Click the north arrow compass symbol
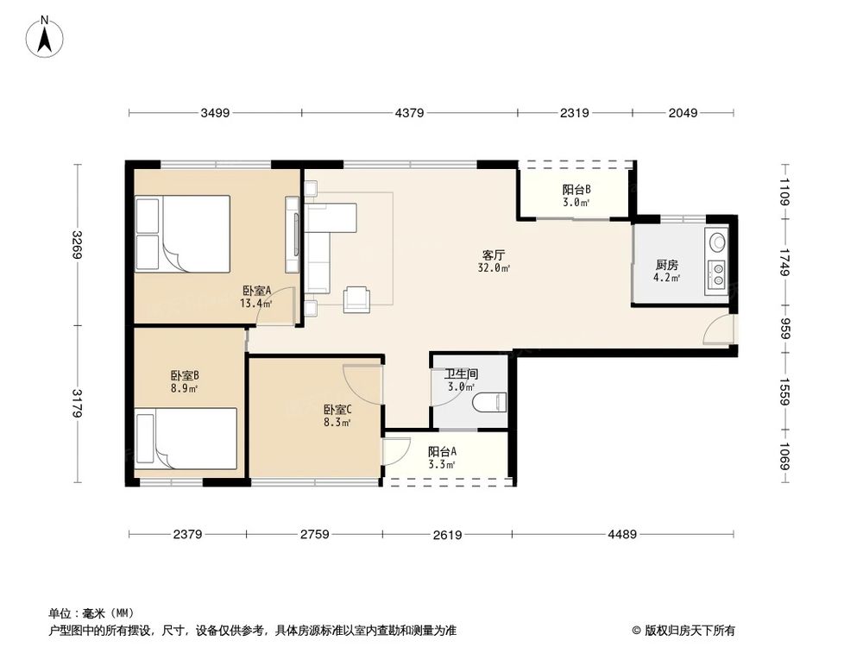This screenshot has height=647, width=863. point(45,36)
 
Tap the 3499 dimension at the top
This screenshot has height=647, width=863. point(215,113)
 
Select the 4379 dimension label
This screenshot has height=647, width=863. point(409,113)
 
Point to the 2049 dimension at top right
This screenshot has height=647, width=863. point(683,113)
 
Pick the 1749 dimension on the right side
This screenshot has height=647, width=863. point(784,263)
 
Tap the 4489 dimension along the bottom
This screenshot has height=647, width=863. point(622,534)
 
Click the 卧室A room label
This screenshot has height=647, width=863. point(257,290)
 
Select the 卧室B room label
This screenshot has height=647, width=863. point(185,376)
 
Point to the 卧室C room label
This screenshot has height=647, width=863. point(337,410)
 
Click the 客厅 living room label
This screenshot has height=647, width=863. point(493,255)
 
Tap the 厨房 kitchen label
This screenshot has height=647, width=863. point(666,265)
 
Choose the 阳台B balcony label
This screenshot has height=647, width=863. point(576,190)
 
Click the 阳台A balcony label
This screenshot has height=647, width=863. point(442,452)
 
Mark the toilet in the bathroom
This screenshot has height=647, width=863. point(489,402)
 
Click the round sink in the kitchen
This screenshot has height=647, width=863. point(716,242)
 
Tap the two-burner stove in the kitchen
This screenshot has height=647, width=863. point(716,273)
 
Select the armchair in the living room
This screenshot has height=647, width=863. point(356,298)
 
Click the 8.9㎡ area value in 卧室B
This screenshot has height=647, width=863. point(185,388)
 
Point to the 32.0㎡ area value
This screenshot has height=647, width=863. point(494,268)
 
